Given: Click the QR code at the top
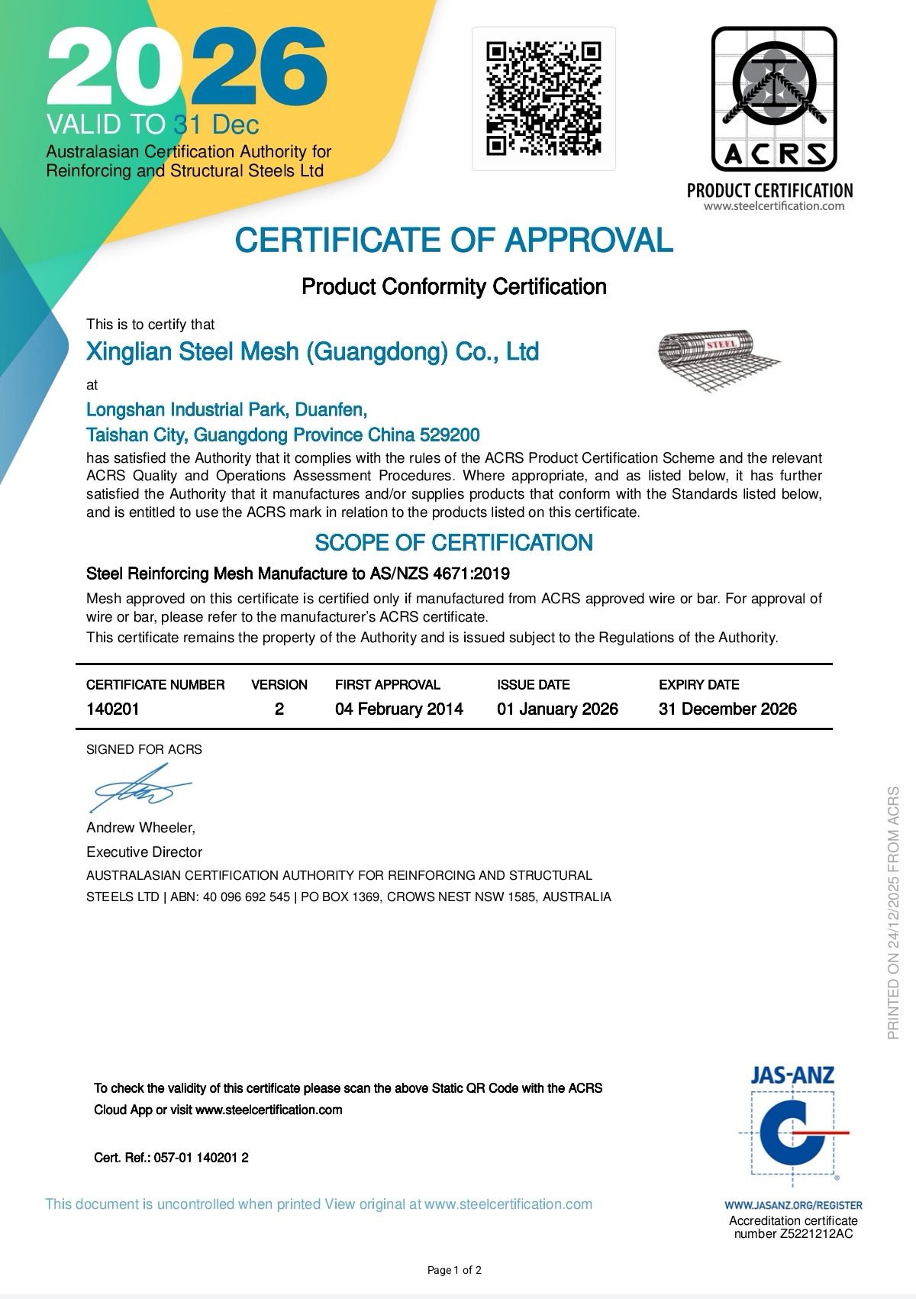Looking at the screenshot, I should click(x=543, y=98).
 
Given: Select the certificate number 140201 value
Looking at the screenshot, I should click(x=113, y=709).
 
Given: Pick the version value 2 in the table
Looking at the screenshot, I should click(x=279, y=709).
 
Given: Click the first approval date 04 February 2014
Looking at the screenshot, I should click(x=399, y=709).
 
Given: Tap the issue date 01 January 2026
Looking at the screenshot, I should click(x=557, y=709).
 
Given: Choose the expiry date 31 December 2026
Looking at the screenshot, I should click(x=727, y=709).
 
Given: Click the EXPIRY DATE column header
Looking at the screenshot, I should click(x=698, y=684).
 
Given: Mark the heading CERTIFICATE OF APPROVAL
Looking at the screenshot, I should click(x=454, y=240).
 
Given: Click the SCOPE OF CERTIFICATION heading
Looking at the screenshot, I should click(x=454, y=543).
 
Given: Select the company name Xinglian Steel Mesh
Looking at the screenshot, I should click(x=313, y=351).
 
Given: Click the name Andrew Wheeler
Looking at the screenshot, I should click(x=140, y=828).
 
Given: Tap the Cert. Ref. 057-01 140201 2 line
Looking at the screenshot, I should click(x=171, y=1158).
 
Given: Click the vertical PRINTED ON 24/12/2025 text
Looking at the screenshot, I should click(x=894, y=913).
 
